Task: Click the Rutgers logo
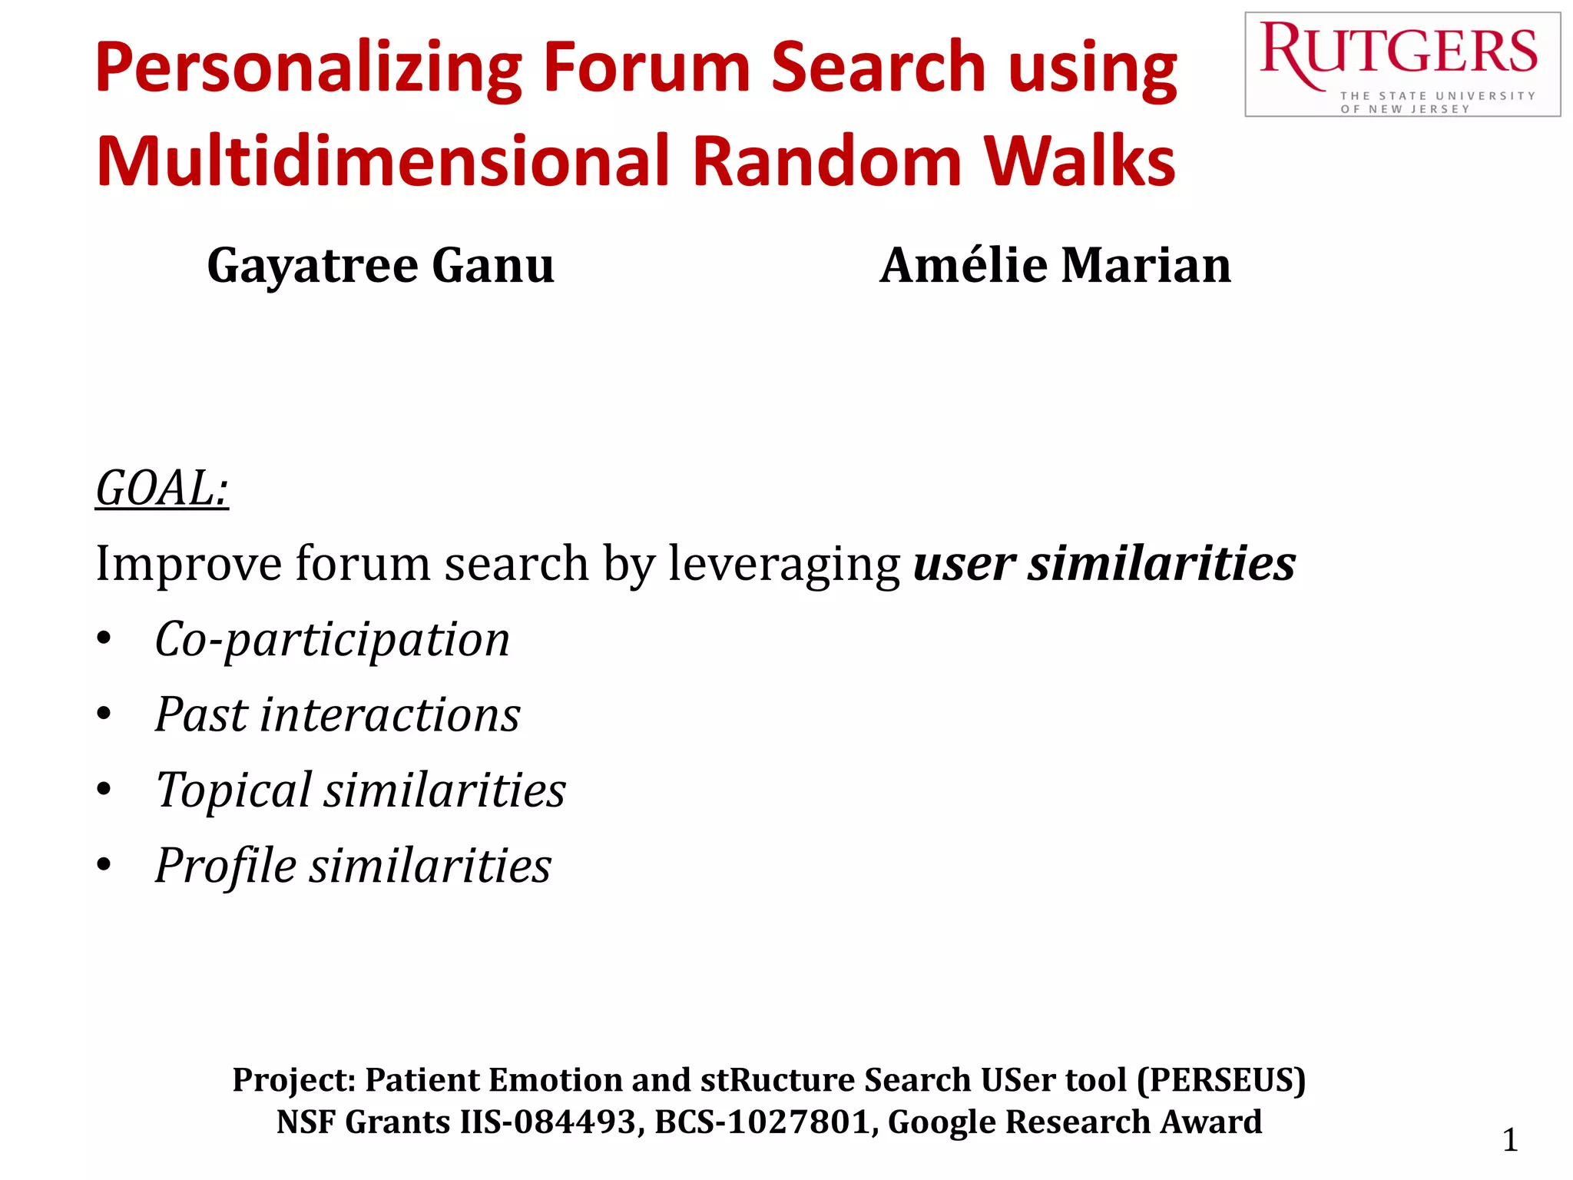click(x=1402, y=65)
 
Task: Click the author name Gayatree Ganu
click(x=380, y=266)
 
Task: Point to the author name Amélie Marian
click(x=1055, y=266)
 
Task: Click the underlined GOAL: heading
click(x=162, y=488)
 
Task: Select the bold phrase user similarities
click(x=1104, y=563)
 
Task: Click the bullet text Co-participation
click(x=332, y=639)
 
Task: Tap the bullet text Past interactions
click(x=337, y=714)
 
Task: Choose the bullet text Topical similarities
click(x=360, y=790)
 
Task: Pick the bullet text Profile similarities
click(x=353, y=866)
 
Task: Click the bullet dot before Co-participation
click(x=104, y=639)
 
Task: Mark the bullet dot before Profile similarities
click(x=104, y=866)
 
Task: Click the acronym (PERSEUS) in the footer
click(x=1221, y=1080)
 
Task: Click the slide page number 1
click(x=1509, y=1140)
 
